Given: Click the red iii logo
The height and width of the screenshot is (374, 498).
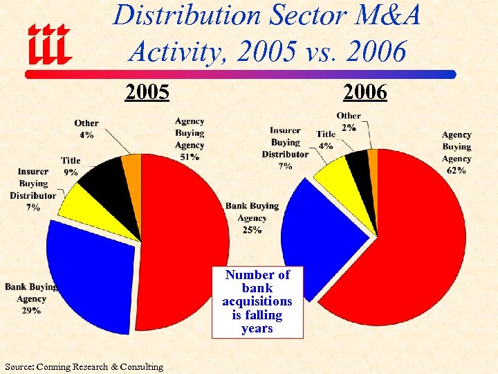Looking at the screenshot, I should (x=49, y=42).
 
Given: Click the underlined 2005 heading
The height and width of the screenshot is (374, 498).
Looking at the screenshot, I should (x=147, y=92).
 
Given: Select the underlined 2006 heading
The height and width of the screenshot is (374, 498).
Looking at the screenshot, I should (x=365, y=92).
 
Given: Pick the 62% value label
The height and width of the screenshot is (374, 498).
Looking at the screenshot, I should (x=456, y=170).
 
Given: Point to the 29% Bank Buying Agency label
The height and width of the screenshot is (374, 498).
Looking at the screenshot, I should (x=30, y=311).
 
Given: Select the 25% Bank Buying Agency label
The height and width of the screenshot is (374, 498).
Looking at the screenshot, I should (x=252, y=230).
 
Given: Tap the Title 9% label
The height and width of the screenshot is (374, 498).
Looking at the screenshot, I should (x=70, y=166).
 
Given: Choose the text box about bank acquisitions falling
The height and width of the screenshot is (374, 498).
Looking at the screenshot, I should (x=257, y=302).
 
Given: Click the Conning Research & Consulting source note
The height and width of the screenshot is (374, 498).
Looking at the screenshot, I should (x=84, y=366).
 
